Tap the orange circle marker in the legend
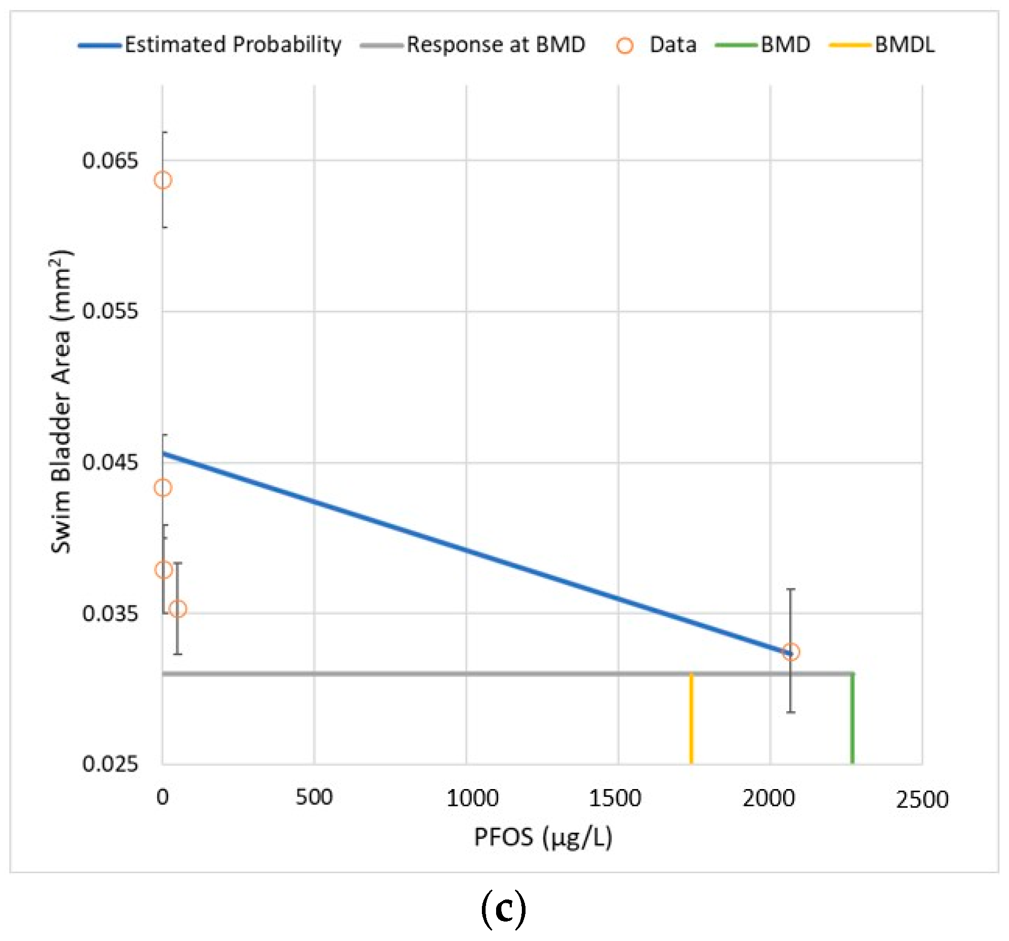(624, 46)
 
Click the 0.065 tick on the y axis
(110, 160)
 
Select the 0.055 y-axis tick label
(110, 311)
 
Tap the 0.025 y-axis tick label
(110, 763)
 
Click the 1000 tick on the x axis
(472, 799)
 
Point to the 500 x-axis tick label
(314, 797)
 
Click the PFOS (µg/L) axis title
(543, 837)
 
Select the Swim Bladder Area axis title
(61, 402)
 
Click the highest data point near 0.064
(163, 180)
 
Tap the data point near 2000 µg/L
(790, 652)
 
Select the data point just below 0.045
(163, 488)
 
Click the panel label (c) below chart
(503, 909)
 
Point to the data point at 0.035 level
(178, 609)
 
